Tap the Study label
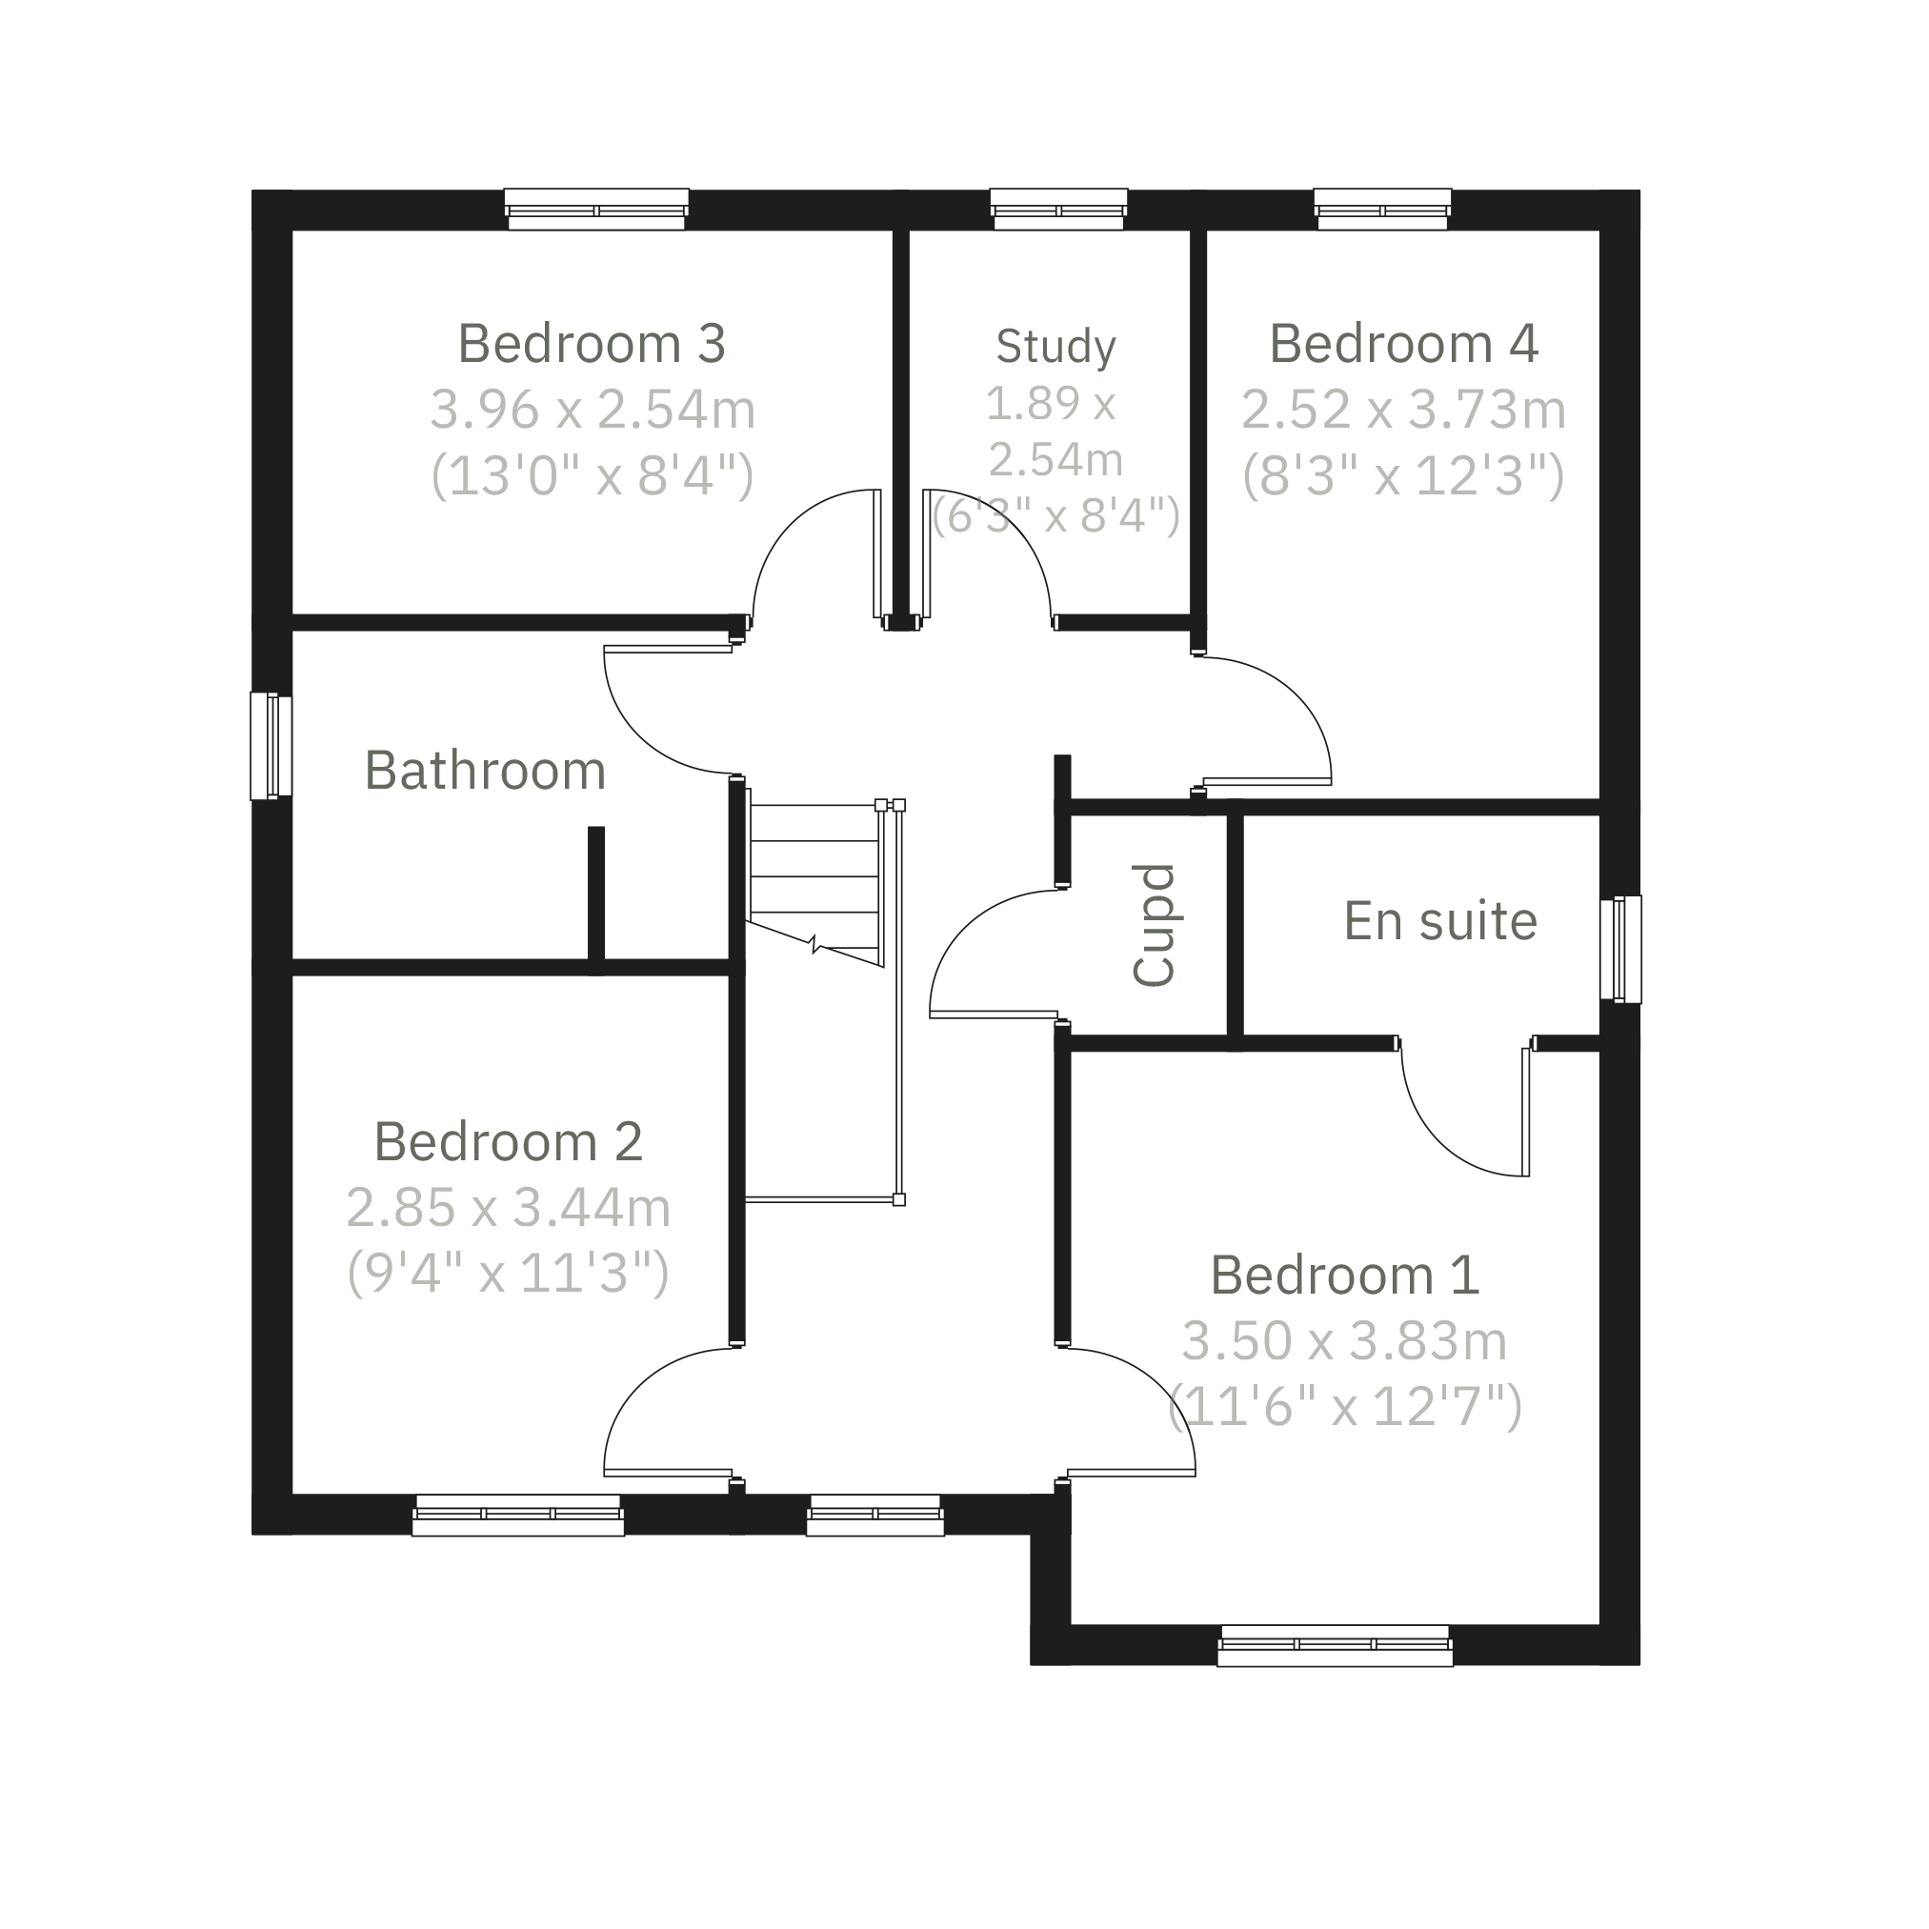pos(1055,347)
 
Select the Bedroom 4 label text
pos(1403,344)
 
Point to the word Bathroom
pos(485,771)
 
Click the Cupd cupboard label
pos(1155,926)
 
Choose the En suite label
pos(1439,920)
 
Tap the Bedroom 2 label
pos(509,1141)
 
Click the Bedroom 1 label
pos(1344,1275)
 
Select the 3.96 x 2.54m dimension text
pos(593,410)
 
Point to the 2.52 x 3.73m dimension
pos(1403,410)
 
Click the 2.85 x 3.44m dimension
pos(509,1207)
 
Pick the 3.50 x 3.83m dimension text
pos(1344,1341)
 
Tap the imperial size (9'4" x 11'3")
pos(509,1274)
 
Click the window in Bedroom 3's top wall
pos(596,210)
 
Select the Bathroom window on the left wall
pos(271,747)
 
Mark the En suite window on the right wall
pos(1620,949)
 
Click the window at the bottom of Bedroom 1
pos(1335,1645)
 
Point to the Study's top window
pos(1058,210)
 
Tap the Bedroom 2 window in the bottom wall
pos(518,1515)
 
